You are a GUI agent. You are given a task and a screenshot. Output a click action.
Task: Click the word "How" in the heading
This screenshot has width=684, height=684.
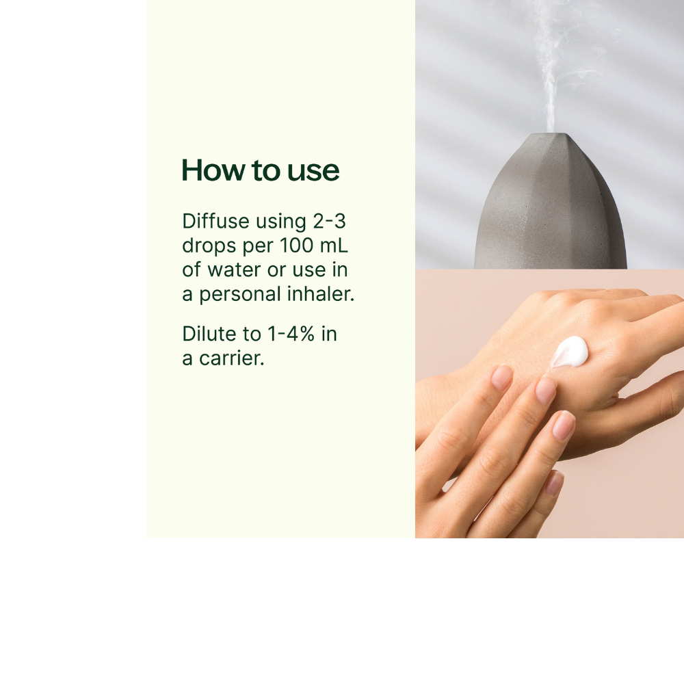(x=213, y=170)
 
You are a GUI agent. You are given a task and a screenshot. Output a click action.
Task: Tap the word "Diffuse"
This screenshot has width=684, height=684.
(x=215, y=221)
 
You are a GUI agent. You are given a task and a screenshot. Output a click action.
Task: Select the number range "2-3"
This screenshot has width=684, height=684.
(x=330, y=221)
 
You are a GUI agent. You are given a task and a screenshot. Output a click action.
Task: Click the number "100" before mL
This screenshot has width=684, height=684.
(x=296, y=245)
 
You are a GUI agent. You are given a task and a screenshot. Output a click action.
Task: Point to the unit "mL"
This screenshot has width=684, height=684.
(x=334, y=245)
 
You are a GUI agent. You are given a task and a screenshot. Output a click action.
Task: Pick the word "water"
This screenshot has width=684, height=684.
(x=234, y=270)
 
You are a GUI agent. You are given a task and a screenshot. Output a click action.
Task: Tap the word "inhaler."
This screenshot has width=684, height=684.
(x=321, y=293)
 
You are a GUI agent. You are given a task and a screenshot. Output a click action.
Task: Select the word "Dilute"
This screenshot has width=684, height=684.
(x=209, y=334)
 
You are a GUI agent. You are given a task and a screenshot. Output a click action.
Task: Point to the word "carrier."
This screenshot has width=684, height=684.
(x=232, y=358)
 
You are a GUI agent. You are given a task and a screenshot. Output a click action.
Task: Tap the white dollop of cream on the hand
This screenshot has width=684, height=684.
(x=570, y=352)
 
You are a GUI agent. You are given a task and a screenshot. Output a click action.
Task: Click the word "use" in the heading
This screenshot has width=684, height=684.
(x=313, y=171)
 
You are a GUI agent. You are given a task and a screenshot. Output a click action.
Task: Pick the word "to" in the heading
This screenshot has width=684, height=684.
(x=266, y=170)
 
